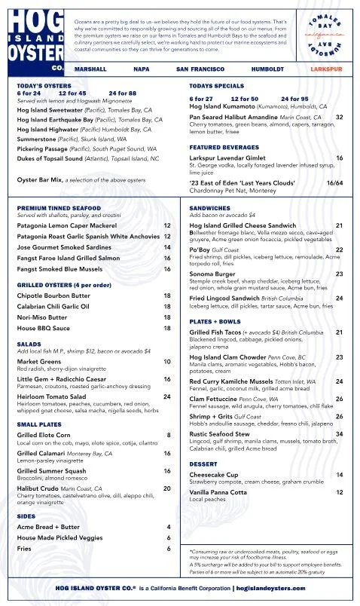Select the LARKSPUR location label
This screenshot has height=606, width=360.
pyautogui.click(x=325, y=69)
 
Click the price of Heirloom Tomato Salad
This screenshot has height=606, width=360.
pyautogui.click(x=166, y=396)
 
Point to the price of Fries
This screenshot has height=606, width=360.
pyautogui.click(x=169, y=548)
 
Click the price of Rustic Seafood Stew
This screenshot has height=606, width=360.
pyautogui.click(x=339, y=434)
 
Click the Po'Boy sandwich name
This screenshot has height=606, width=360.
pyautogui.click(x=200, y=249)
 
